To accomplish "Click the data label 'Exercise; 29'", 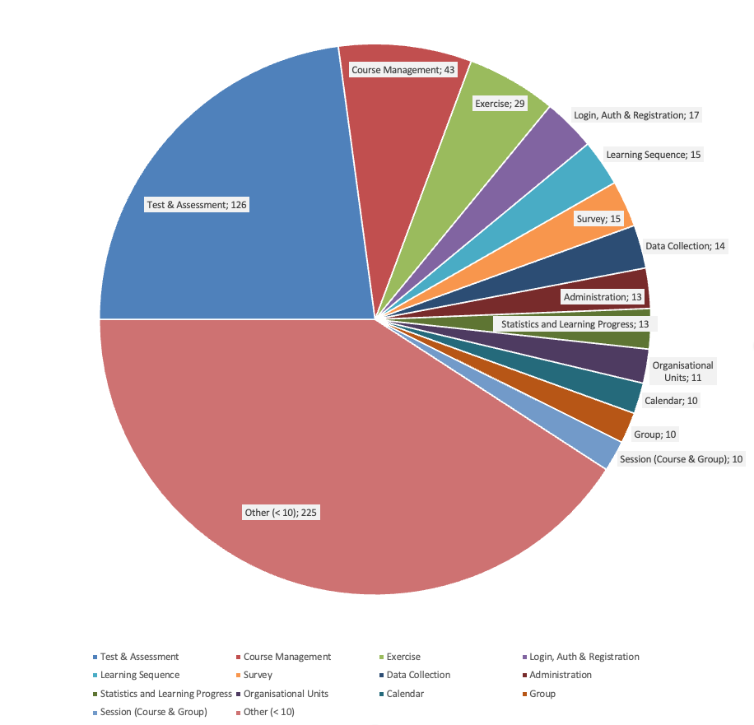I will click(500, 104).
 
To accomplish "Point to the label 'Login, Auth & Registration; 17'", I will click(636, 115).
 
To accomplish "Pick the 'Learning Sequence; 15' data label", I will click(654, 154).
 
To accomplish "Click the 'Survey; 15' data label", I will click(598, 219).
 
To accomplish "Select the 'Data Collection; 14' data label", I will click(686, 245).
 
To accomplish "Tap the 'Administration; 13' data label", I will click(602, 296).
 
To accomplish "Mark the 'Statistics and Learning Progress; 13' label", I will click(575, 323).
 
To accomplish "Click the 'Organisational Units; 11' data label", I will click(682, 371).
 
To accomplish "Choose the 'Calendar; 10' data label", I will click(671, 401).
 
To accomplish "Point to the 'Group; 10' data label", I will click(655, 434).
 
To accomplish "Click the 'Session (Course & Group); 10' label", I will click(681, 458).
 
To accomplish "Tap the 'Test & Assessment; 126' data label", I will click(196, 204).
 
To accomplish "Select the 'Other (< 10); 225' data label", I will click(281, 513).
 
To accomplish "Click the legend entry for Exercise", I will click(403, 657).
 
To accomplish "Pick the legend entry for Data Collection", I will click(417, 675).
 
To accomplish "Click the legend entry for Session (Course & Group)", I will click(153, 712).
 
